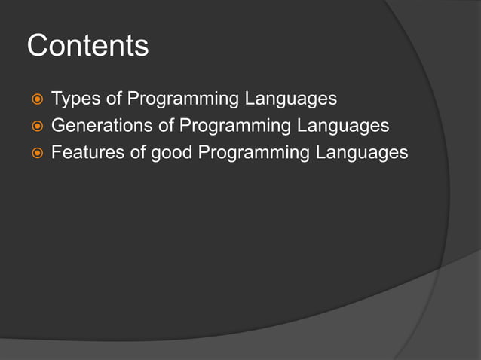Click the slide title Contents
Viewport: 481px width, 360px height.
[87, 46]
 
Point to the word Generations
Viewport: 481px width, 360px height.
[102, 125]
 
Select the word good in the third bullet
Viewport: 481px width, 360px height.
[172, 153]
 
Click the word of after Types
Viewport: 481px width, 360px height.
[114, 98]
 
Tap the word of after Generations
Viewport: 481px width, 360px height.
[166, 125]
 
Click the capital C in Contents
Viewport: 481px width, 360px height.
[37, 46]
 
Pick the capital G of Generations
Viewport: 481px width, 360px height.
[58, 125]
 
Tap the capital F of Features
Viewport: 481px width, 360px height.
[56, 152]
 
